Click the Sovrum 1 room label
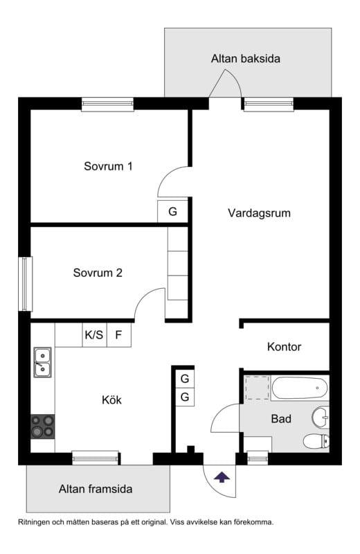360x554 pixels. click(x=108, y=166)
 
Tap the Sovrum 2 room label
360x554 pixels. click(x=98, y=273)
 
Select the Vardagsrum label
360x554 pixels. click(x=259, y=213)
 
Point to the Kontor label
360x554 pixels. click(x=284, y=346)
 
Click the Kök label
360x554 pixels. click(x=111, y=400)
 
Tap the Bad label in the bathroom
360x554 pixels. click(x=281, y=419)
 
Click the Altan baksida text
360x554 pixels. click(x=245, y=59)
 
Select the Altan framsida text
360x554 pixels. click(x=96, y=489)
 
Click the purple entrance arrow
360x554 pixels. click(x=222, y=476)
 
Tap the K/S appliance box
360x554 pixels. click(x=93, y=335)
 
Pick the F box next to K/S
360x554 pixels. click(x=118, y=335)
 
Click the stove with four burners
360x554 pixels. click(x=42, y=426)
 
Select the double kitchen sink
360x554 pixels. click(x=42, y=362)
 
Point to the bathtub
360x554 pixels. click(x=299, y=388)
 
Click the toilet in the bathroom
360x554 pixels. click(x=315, y=441)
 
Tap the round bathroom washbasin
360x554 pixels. click(x=320, y=417)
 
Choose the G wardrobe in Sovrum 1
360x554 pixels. click(x=172, y=211)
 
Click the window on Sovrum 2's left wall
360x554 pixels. click(x=25, y=283)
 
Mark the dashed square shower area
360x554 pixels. click(x=257, y=387)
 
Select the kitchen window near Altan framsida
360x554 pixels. click(x=95, y=458)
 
